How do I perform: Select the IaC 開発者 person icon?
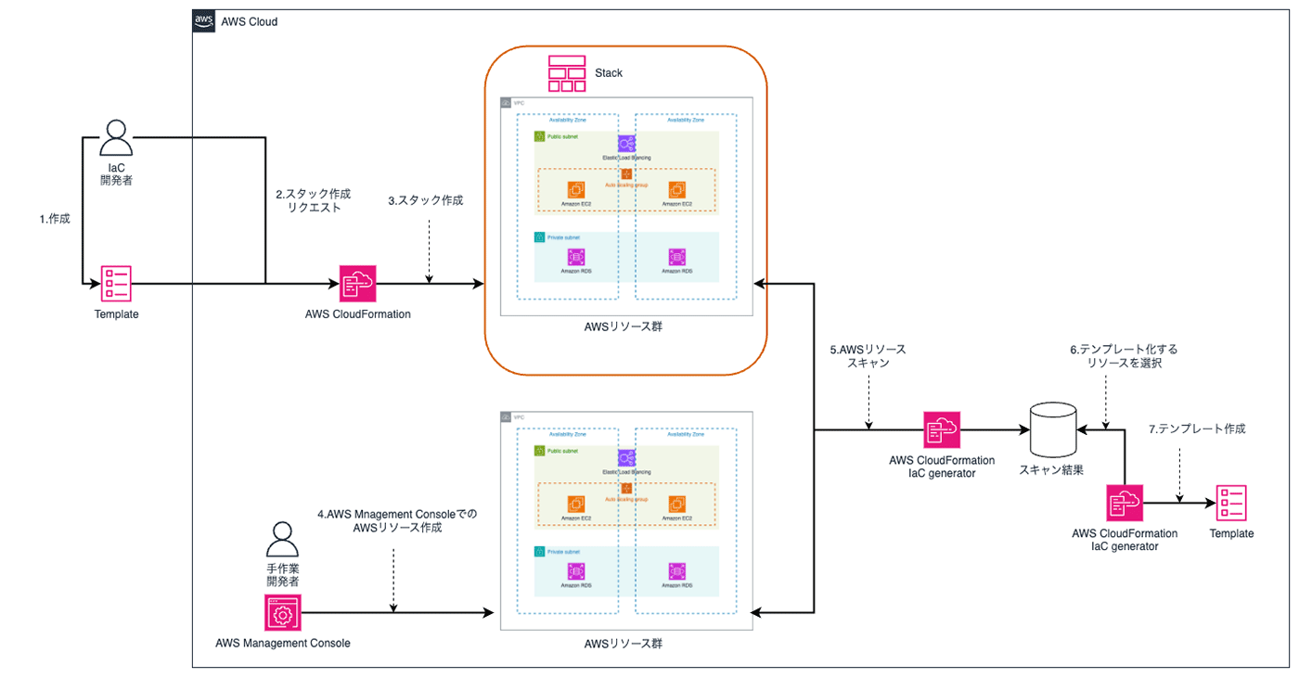point(116,138)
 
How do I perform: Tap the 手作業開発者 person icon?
point(283,538)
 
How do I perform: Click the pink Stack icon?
point(567,73)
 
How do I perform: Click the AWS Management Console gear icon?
point(283,613)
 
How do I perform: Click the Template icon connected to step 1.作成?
point(116,284)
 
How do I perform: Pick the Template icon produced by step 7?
point(1231,504)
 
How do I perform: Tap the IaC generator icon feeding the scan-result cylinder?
point(942,430)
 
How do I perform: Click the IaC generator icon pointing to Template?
point(1125,504)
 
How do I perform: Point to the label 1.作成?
point(55,220)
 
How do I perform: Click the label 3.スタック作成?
point(425,200)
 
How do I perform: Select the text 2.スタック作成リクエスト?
point(314,201)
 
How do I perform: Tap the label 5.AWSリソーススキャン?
point(868,357)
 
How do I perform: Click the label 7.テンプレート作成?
point(1197,429)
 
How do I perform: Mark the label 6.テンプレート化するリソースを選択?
point(1124,357)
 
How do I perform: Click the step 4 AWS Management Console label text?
point(396,520)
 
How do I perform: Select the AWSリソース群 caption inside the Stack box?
point(625,327)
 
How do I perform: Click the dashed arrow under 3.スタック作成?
point(429,262)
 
